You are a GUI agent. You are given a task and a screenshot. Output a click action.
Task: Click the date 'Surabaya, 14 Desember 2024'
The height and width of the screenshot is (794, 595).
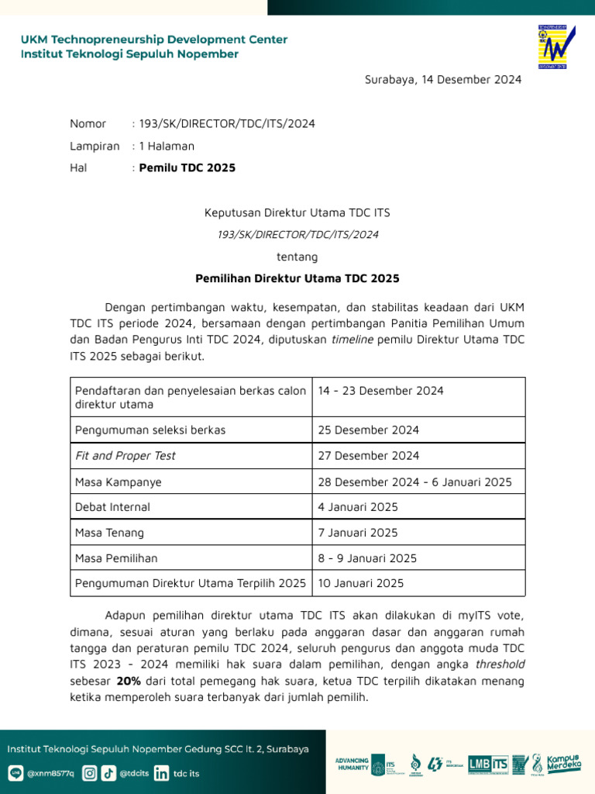coord(443,79)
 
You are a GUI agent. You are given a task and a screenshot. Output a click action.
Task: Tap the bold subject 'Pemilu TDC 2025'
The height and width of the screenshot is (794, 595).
coord(187,167)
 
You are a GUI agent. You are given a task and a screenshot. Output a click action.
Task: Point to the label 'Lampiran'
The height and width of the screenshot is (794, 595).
coord(95,146)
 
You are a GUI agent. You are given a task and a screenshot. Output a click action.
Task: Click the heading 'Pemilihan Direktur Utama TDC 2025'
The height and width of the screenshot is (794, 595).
coord(297,278)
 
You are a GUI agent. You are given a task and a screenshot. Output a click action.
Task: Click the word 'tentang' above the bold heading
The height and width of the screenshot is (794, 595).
coord(297,256)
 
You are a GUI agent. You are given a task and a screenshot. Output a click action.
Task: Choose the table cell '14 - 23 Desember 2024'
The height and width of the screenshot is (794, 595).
coord(381,391)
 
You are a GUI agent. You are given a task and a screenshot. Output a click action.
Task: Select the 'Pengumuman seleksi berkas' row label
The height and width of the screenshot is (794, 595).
coord(150,430)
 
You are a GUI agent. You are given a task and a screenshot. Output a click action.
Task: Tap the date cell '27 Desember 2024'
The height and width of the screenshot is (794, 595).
coord(369,455)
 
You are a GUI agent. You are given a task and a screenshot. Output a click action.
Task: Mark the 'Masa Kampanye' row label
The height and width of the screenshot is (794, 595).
coord(119,482)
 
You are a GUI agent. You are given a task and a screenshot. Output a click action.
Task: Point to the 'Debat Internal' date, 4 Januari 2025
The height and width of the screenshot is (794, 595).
coord(358,507)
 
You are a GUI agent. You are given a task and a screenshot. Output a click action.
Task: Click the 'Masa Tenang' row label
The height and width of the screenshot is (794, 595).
coord(109,533)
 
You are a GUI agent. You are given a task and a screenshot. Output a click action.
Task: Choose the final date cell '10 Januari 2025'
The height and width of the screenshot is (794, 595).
coord(361,583)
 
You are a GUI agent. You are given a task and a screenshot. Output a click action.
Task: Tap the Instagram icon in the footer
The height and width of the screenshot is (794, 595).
coord(90,772)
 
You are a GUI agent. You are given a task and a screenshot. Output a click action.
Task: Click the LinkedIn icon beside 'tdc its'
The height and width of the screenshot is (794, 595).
coord(161,772)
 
